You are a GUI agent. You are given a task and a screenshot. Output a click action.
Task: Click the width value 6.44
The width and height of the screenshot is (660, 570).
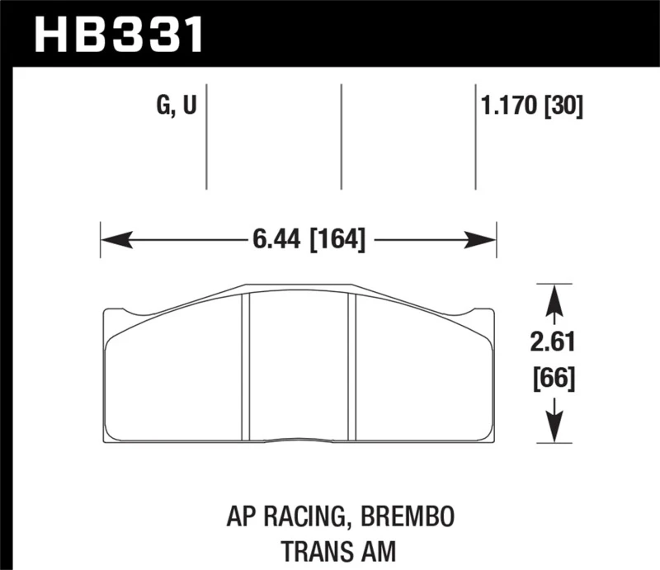pos(273,242)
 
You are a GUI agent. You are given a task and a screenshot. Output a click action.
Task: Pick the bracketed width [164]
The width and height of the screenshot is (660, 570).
pos(336,242)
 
